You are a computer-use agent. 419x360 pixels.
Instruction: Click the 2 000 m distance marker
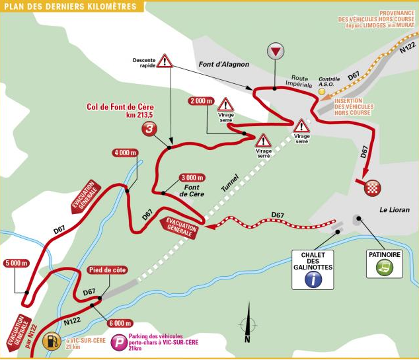201,101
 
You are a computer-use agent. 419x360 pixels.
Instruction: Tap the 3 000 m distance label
193,178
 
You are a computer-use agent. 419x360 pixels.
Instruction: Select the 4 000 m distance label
125,153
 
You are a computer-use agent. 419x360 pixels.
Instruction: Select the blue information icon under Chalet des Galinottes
313,280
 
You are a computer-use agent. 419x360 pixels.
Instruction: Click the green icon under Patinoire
382,268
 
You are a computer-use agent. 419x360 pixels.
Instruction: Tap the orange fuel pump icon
50,342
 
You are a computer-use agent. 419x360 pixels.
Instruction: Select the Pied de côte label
106,270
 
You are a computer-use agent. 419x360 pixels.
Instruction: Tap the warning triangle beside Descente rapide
165,61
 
